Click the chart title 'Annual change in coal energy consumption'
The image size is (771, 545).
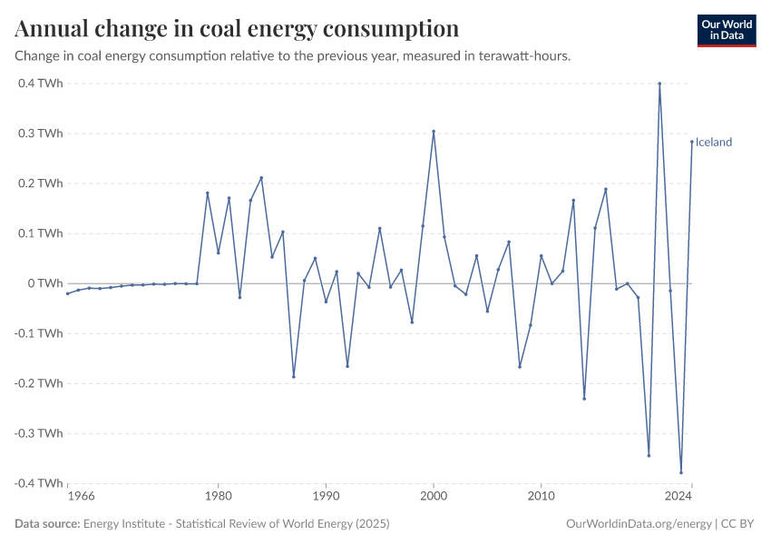point(237,28)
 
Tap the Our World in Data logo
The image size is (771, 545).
point(726,30)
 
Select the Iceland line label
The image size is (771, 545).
point(714,142)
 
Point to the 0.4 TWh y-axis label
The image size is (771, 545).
point(40,84)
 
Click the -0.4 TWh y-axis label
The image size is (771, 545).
point(38,483)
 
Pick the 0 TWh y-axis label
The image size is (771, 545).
point(44,283)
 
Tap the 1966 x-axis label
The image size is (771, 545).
point(81,497)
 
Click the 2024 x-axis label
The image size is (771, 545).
point(678,497)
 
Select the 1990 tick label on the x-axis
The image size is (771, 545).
point(326,497)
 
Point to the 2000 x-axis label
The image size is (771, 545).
point(434,497)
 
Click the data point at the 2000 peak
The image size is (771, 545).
point(434,131)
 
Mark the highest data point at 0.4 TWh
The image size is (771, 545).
point(659,84)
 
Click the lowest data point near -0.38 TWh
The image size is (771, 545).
point(681,472)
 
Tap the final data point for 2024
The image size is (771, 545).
point(691,142)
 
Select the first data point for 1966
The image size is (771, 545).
point(68,293)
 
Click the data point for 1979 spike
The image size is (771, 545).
point(208,193)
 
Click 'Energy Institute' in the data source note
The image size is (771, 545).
point(122,524)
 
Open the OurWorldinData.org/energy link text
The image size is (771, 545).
point(638,524)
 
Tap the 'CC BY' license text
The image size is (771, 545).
point(738,524)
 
